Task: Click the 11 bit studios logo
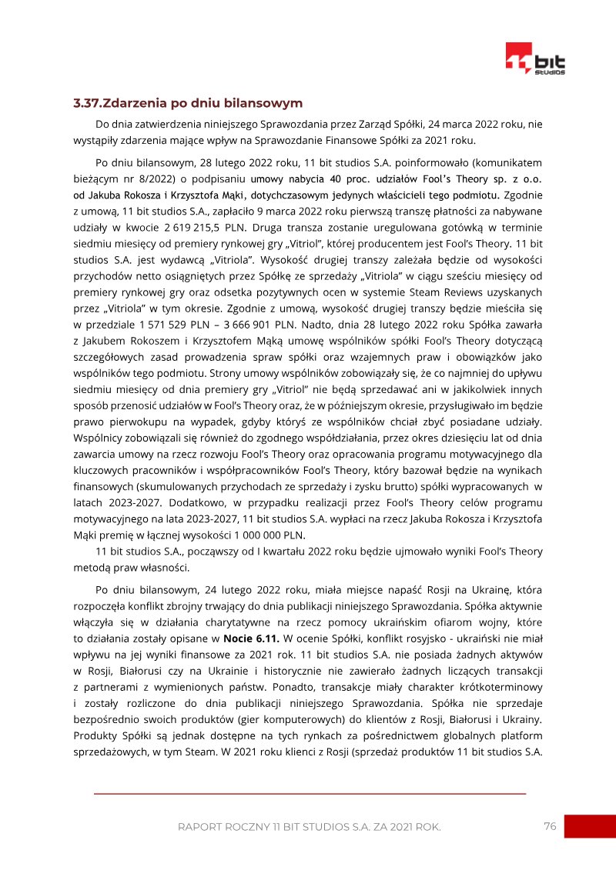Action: (535, 59)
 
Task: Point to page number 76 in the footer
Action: (550, 826)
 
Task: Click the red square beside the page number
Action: (589, 827)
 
